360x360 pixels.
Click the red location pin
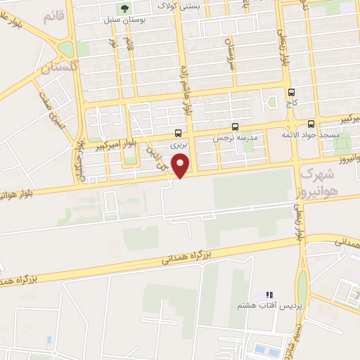181,165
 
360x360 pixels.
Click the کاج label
291,103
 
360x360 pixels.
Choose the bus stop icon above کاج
291,91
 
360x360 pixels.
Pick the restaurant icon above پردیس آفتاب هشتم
269,295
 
